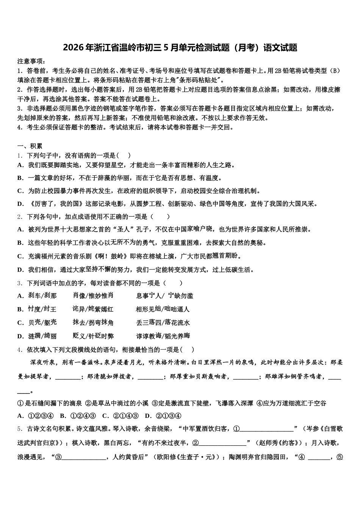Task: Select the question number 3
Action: [x=19, y=283]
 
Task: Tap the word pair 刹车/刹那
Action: [x=42, y=296]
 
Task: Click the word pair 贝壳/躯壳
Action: [x=42, y=323]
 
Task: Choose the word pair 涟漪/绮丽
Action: [x=42, y=336]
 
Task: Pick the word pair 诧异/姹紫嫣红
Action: [x=93, y=309]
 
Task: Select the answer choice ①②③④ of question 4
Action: [x=41, y=415]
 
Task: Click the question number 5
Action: [x=19, y=429]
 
